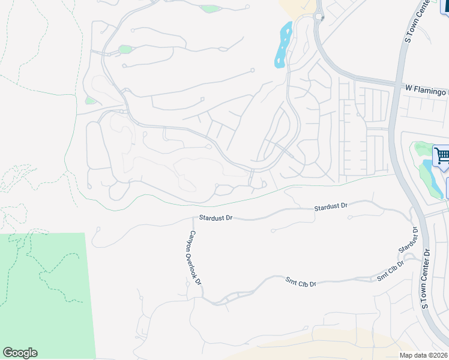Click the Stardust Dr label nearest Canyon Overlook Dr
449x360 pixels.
tap(216, 218)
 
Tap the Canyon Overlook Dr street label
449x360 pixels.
tap(196, 257)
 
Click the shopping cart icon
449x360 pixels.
tap(442, 157)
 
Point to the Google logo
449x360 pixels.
tap(20, 353)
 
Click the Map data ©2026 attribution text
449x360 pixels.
tap(423, 355)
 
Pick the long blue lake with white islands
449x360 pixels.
tap(283, 45)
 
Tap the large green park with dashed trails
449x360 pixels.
tap(45, 294)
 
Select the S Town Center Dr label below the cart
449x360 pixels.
tap(426, 279)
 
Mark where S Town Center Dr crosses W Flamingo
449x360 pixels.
tap(397, 87)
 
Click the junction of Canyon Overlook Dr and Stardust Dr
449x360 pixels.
tap(193, 218)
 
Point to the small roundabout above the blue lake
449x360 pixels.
tap(318, 16)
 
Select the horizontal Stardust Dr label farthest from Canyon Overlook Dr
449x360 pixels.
tap(331, 206)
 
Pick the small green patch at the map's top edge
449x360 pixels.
tap(211, 8)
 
